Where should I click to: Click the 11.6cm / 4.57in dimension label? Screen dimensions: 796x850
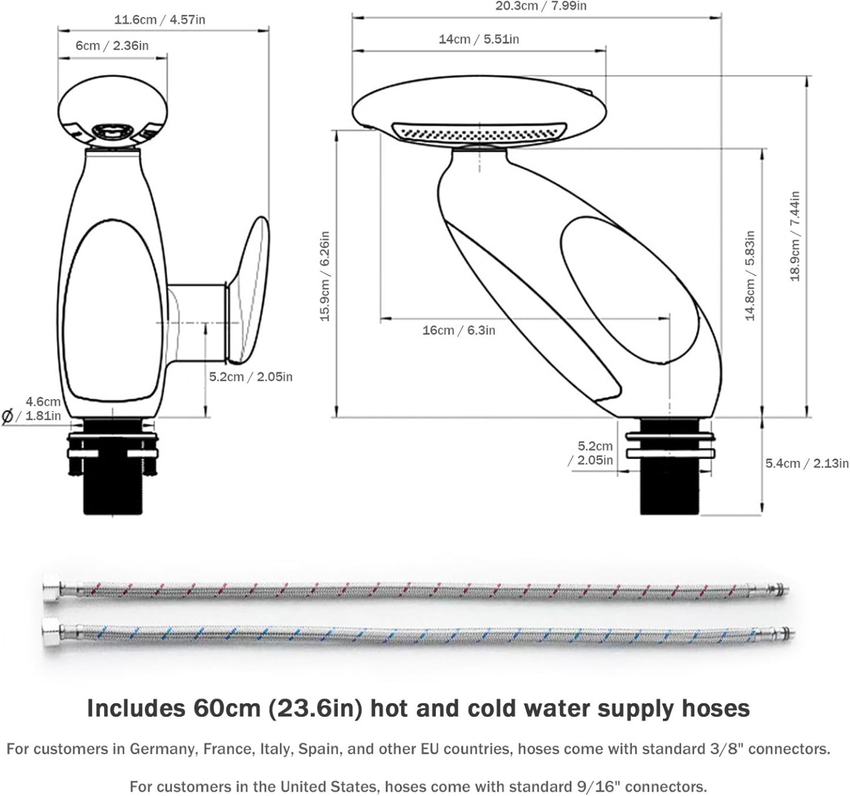tap(159, 19)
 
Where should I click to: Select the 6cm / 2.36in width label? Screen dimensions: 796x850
tap(112, 45)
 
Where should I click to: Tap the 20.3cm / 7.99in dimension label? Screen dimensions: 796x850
tap(541, 6)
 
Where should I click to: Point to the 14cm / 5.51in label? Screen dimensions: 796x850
tap(478, 39)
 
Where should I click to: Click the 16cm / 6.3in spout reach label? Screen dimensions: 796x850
tap(458, 330)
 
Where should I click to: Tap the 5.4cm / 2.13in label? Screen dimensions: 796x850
tap(806, 463)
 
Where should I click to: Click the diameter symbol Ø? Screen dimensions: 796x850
tap(8, 417)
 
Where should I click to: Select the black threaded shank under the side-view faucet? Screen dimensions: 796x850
tap(670, 488)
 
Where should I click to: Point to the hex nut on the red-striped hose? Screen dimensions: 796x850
tap(50, 589)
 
